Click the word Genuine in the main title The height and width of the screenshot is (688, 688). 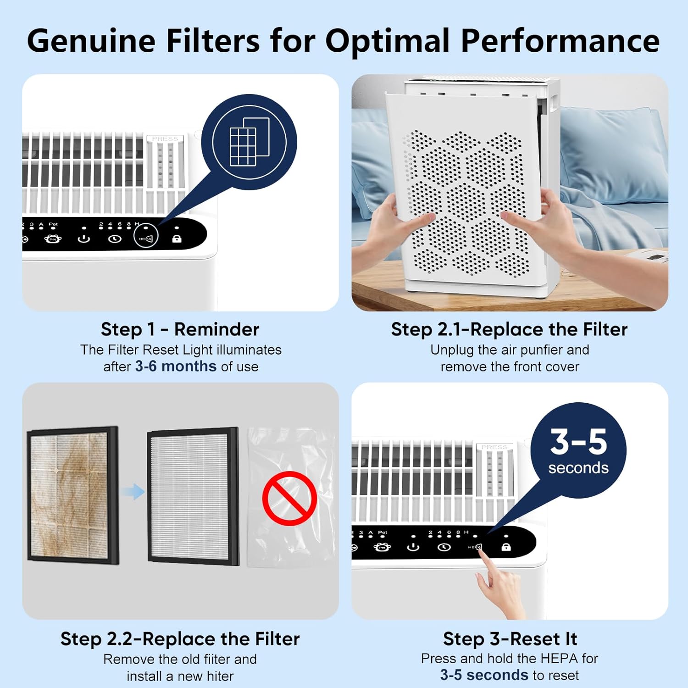click(91, 41)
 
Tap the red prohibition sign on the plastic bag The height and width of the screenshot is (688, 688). click(289, 498)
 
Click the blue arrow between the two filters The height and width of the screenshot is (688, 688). click(133, 492)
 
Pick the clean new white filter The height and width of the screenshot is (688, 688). click(193, 496)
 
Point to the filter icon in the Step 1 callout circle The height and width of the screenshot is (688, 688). click(249, 142)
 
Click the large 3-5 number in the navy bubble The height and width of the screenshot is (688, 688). click(578, 442)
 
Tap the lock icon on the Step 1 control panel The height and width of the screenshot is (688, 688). click(177, 239)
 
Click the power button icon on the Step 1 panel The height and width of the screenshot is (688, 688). click(83, 239)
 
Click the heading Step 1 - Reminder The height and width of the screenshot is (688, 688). click(180, 329)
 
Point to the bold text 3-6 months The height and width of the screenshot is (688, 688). click(176, 366)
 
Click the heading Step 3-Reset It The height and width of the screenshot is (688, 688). click(510, 639)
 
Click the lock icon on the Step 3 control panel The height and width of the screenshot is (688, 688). click(506, 547)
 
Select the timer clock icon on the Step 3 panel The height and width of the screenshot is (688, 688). click(444, 547)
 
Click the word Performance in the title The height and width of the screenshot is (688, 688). click(560, 41)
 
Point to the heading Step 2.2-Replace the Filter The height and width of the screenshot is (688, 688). click(180, 639)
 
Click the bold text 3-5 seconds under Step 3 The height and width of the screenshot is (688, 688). click(484, 675)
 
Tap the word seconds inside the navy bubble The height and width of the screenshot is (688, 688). click(578, 468)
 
